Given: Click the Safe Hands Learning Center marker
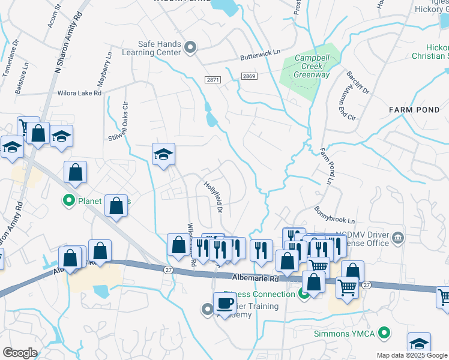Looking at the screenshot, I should pos(191,47).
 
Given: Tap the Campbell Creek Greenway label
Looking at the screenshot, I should pos(312,67).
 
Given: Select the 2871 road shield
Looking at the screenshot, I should pos(212,79).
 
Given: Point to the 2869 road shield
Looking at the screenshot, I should pos(250,76).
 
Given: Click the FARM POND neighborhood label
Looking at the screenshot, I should pos(414,110).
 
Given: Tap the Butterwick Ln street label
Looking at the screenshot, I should pos(261,54).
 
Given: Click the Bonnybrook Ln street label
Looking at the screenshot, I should pos(335,215).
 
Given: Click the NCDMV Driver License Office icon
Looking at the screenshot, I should pos(397,240).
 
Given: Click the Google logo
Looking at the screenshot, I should pos(20,353).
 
